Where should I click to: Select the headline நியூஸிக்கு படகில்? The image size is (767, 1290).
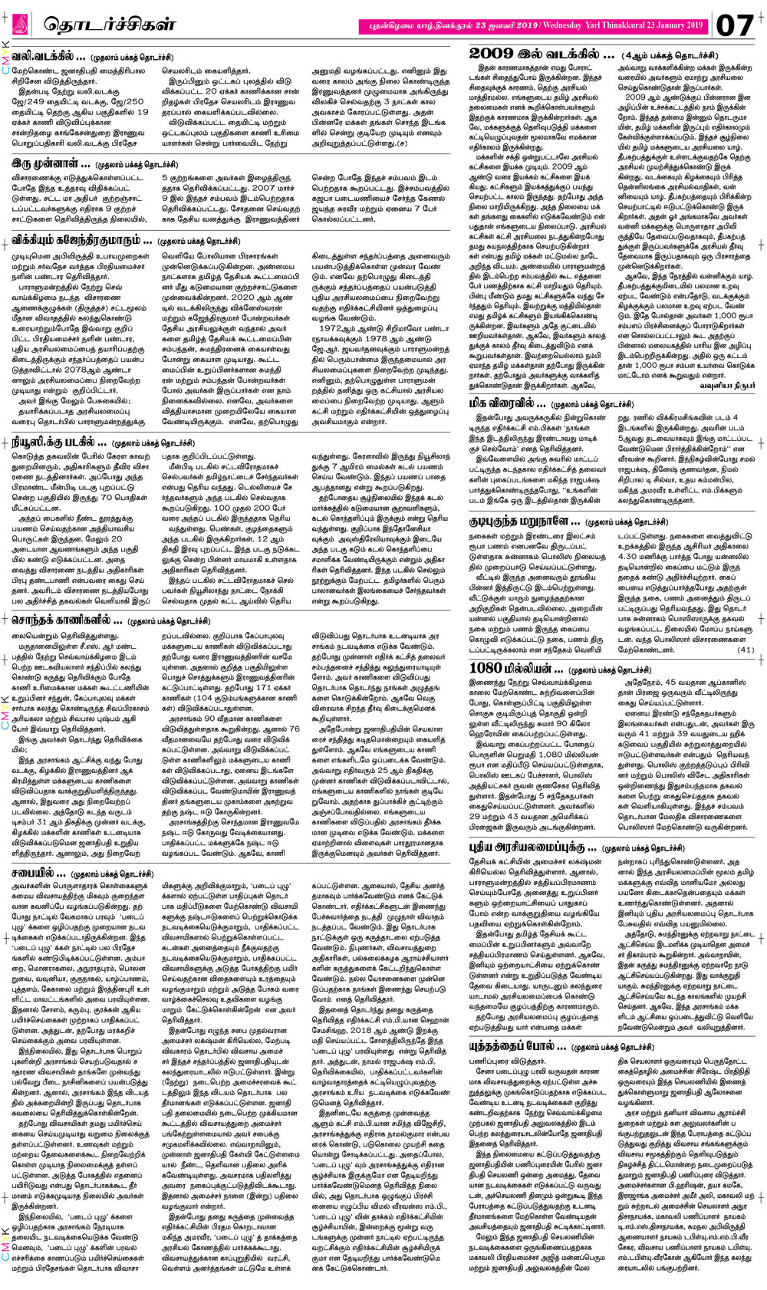59,442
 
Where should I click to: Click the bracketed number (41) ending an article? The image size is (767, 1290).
746,649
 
